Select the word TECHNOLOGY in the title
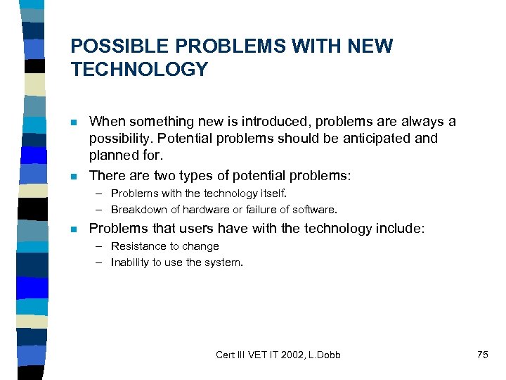pos(139,70)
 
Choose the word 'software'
pos(315,209)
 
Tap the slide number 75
pos(482,355)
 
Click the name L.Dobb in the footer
pos(323,355)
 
